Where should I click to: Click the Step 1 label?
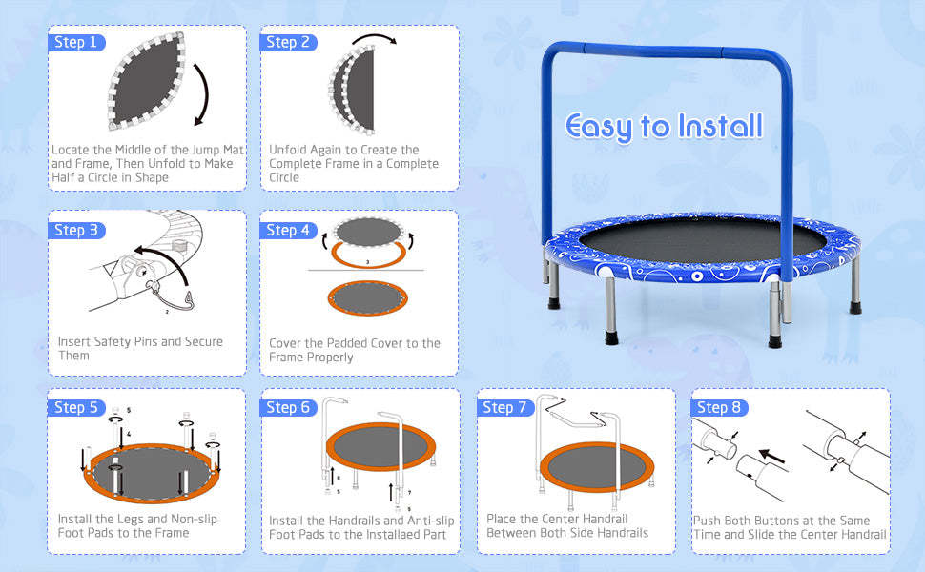pyautogui.click(x=75, y=42)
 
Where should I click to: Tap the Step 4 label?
pyautogui.click(x=287, y=230)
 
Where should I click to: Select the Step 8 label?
pyautogui.click(x=719, y=407)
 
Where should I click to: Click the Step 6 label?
pyautogui.click(x=288, y=407)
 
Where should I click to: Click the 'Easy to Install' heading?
pyautogui.click(x=664, y=126)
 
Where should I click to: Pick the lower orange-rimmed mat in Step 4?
pyautogui.click(x=366, y=296)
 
